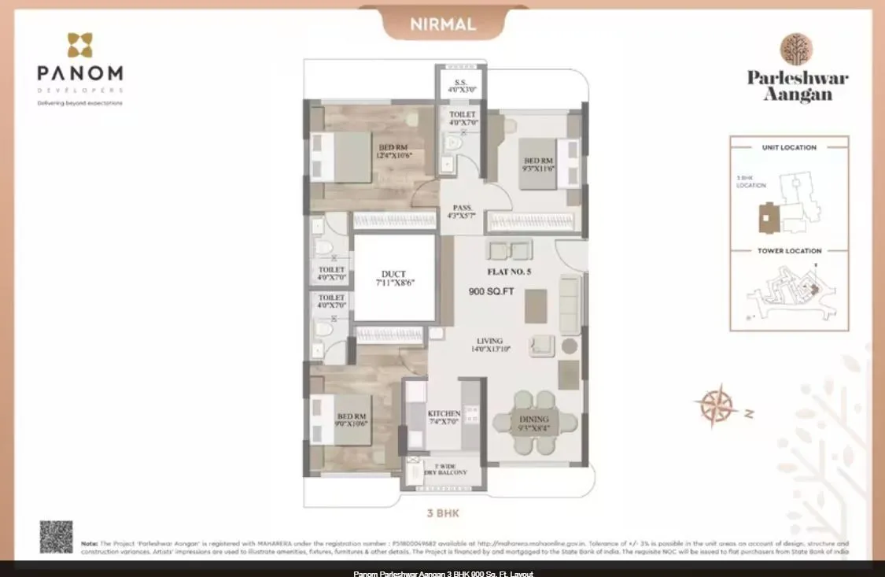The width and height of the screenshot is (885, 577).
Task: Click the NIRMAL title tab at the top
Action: coord(443,24)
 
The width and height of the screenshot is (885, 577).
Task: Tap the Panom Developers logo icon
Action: coord(79,46)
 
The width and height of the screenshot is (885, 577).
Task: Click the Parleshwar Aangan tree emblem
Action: coord(796,49)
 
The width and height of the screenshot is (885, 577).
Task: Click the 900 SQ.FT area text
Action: coord(491,291)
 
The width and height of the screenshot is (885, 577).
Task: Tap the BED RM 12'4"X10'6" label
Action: coord(394,151)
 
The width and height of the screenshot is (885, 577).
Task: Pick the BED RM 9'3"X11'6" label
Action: coord(540,165)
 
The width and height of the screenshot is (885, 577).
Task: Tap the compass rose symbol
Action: coord(717,406)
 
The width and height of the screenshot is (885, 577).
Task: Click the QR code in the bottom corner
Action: coord(56,537)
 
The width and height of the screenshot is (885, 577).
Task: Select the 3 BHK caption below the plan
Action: coord(442,513)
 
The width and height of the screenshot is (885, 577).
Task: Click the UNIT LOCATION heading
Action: coord(789,147)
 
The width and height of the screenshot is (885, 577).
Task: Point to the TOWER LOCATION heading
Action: coord(789,251)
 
